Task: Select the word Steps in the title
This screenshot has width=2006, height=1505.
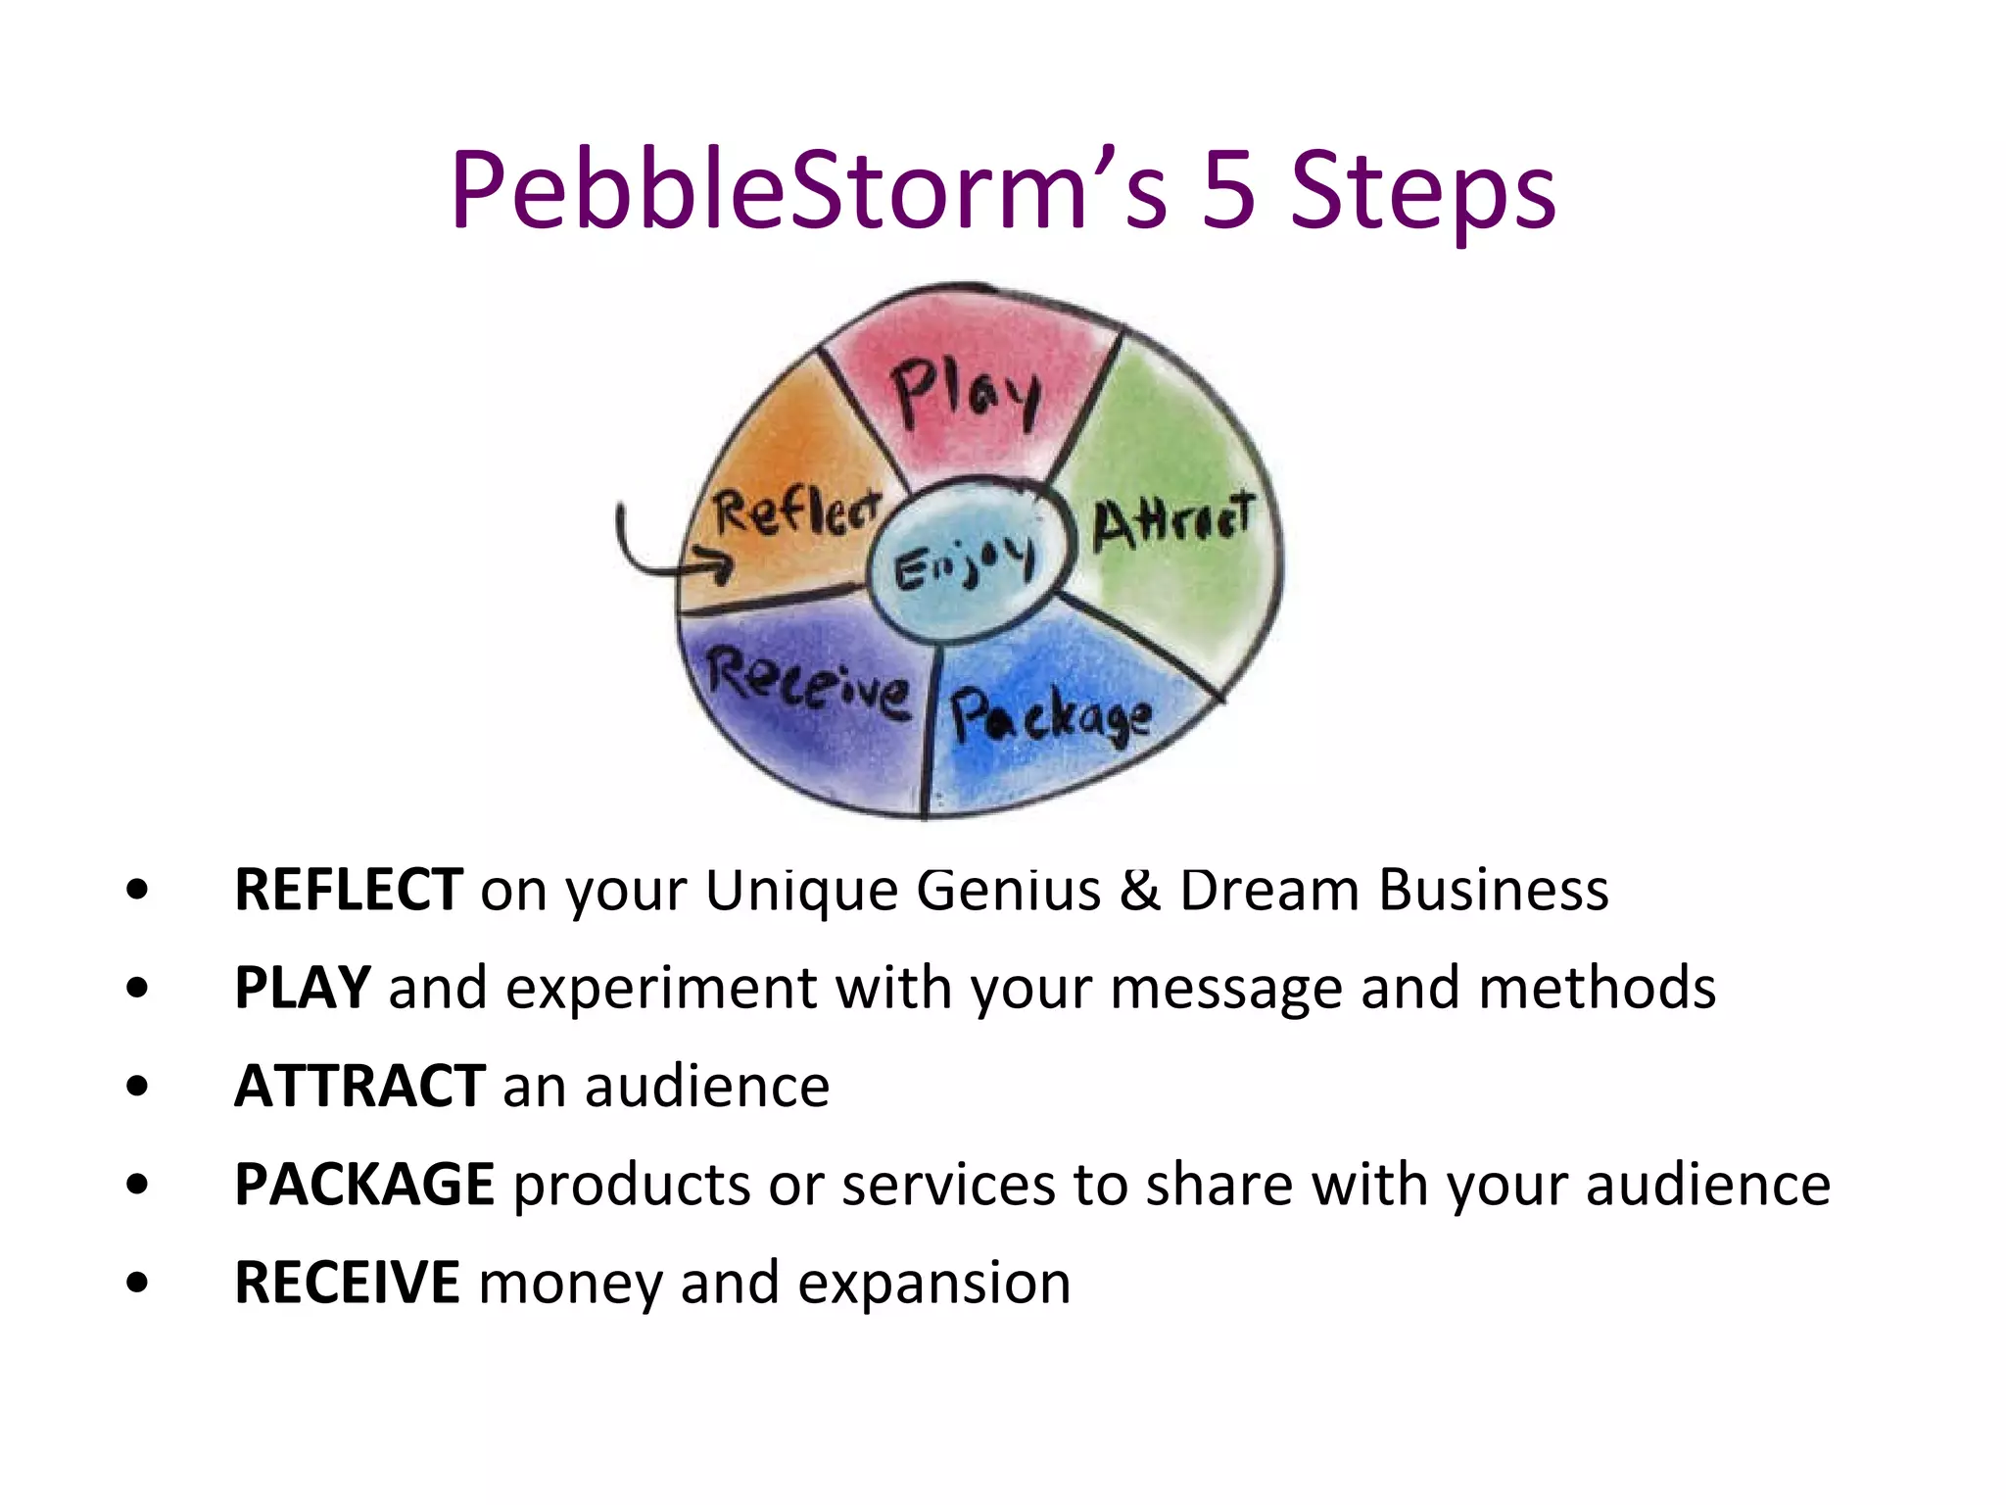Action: tap(1422, 192)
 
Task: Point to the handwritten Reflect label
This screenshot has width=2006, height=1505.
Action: tap(795, 513)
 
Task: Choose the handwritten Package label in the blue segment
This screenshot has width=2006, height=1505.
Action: tap(1050, 716)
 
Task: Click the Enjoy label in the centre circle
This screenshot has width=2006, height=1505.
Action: tap(964, 564)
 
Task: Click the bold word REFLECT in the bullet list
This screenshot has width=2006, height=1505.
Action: tap(349, 890)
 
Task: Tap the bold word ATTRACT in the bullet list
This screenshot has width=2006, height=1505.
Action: tap(359, 1086)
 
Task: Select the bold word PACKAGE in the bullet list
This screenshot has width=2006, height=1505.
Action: tap(364, 1184)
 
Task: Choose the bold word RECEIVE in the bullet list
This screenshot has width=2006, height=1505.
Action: tap(347, 1282)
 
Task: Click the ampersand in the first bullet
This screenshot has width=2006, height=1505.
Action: tap(1139, 890)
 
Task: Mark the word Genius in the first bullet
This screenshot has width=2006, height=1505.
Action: tap(1009, 890)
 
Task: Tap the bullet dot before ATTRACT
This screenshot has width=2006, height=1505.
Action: tap(137, 1086)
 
